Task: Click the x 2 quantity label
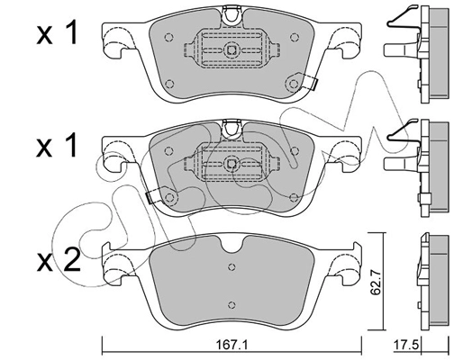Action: pyautogui.click(x=56, y=261)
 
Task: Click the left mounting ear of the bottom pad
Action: pyautogui.click(x=118, y=265)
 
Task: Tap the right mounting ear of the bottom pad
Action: pyautogui.click(x=344, y=265)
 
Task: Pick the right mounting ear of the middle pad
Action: pyautogui.click(x=344, y=150)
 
